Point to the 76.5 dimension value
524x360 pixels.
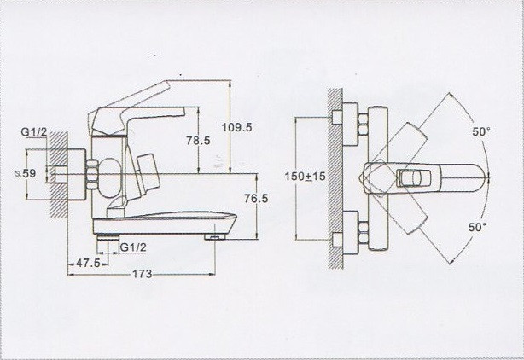[x=256, y=198]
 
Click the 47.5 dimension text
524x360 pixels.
[x=86, y=264]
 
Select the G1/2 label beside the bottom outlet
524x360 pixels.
[x=132, y=247]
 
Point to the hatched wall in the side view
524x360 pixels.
[x=56, y=188]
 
